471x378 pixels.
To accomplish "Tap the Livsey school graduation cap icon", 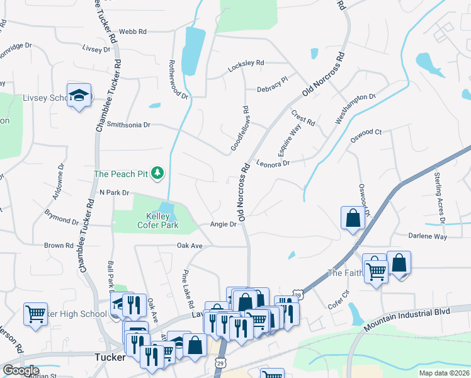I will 79,95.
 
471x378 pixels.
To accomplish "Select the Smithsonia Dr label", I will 128,125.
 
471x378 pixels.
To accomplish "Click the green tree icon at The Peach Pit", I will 157,173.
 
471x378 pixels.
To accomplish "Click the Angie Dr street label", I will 224,224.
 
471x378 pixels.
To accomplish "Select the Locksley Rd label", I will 246,63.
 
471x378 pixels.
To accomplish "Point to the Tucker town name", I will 109,357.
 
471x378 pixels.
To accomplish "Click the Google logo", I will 21,370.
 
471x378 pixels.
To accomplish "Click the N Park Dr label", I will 114,192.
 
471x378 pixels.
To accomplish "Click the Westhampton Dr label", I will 356,108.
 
